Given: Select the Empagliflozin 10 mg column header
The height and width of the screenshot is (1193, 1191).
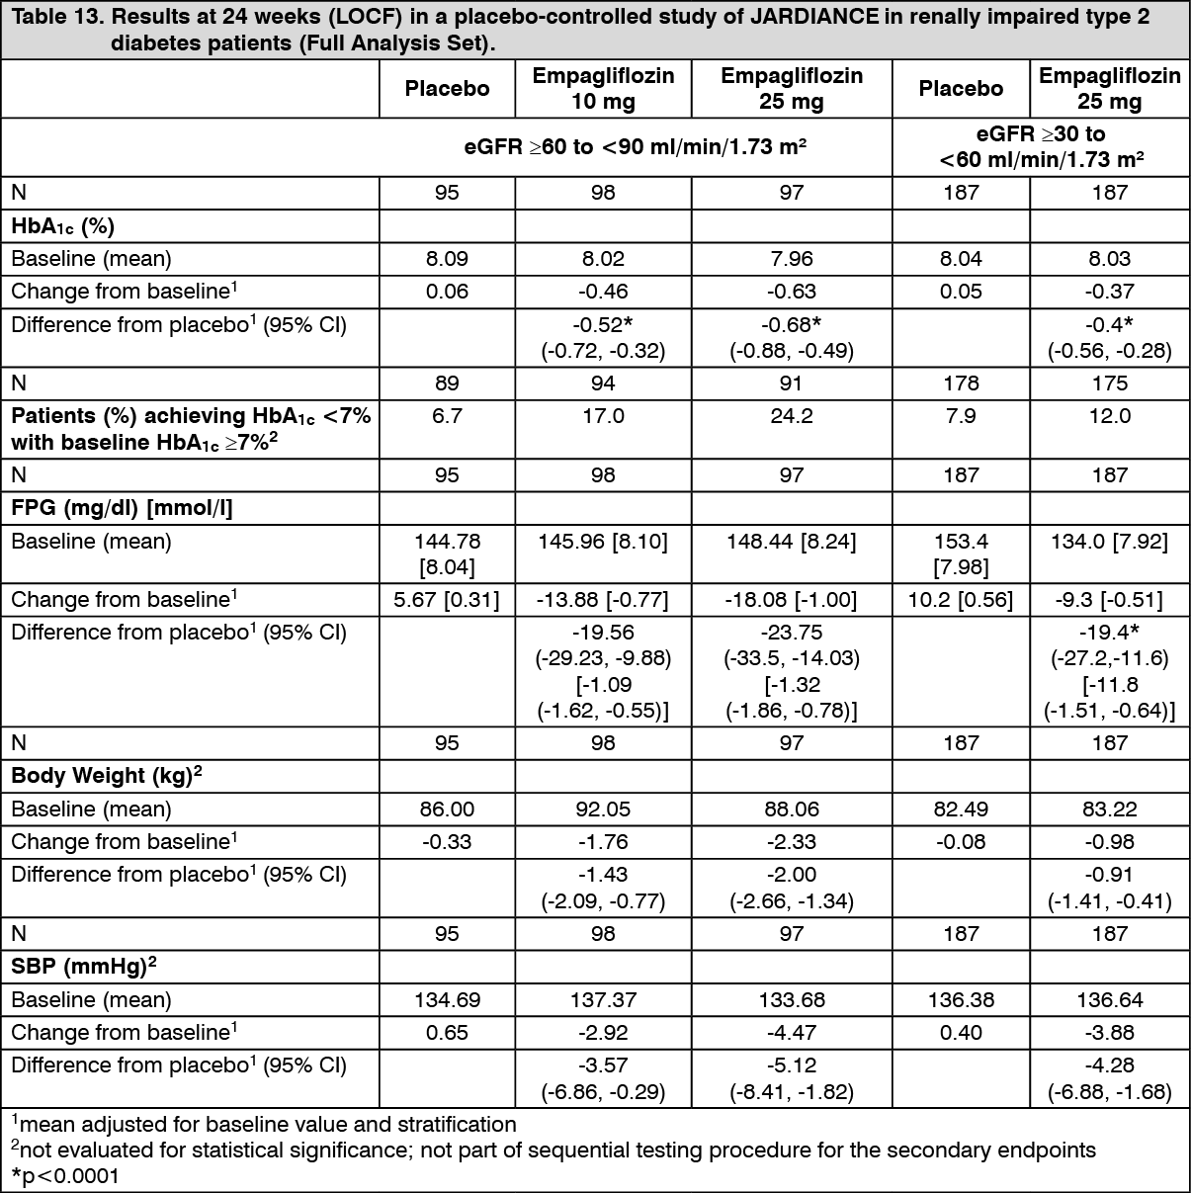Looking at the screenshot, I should [603, 88].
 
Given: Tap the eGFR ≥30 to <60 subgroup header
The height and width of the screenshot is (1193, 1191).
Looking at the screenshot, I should [1041, 146].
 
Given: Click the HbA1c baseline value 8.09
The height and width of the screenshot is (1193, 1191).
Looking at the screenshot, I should [447, 259].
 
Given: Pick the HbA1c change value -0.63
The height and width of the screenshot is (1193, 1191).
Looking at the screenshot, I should [791, 292].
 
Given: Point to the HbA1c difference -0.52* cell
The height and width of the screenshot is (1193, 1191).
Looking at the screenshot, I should [603, 337].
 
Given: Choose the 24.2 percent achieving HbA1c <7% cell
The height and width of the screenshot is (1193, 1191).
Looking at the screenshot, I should [791, 416].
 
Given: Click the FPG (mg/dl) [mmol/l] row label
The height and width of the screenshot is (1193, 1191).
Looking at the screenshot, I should [122, 508].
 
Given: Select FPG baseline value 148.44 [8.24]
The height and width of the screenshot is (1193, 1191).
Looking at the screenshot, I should [791, 542].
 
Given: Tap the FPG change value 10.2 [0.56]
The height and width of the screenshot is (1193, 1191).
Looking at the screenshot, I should [961, 599].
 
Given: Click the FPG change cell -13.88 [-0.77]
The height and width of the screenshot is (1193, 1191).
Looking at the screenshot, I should [603, 599].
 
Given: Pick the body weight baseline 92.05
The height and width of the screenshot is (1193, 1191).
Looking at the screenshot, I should [603, 809].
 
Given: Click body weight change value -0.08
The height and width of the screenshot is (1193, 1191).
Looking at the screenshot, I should [961, 841].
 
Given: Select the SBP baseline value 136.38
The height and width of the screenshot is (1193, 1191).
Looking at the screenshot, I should [961, 999].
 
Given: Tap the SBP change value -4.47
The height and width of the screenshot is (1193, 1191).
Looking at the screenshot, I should [791, 1032].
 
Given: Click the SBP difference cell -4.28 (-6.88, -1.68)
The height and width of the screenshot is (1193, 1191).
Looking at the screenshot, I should [1109, 1078].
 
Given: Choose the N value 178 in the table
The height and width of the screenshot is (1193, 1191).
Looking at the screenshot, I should [961, 383].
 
